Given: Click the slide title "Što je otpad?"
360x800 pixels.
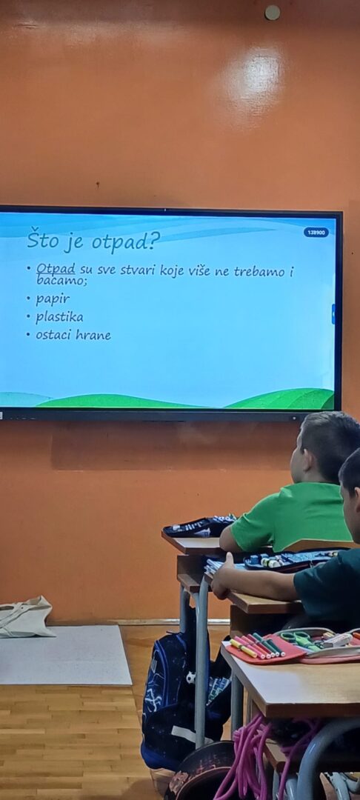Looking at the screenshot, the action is click(93, 240).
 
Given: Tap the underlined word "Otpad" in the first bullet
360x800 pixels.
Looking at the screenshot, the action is click(56, 268).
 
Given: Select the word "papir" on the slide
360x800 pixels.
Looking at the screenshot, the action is click(52, 299).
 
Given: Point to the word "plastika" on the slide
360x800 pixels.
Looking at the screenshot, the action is click(59, 317).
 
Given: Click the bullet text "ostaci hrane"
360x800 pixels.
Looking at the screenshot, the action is click(73, 336).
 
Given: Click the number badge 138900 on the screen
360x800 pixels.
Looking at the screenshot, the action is click(316, 233).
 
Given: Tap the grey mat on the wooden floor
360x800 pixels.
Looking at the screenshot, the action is click(64, 655).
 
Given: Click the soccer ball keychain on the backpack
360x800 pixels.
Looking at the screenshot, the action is click(190, 678).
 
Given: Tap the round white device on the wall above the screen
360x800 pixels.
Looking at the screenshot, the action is click(273, 13).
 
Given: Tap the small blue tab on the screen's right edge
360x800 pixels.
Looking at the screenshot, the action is click(333, 314).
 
